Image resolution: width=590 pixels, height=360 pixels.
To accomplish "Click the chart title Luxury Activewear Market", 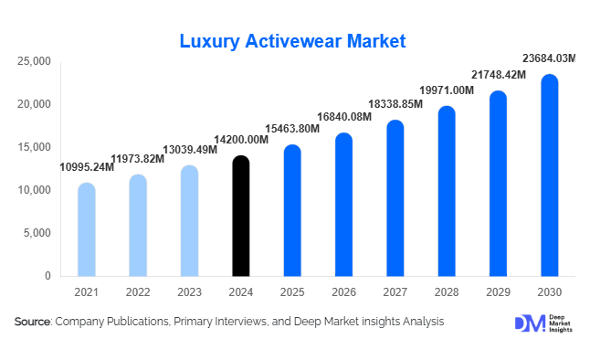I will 292,41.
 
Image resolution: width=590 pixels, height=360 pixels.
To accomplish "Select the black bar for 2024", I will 240,216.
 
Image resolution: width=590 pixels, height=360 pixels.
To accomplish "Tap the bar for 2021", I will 86,229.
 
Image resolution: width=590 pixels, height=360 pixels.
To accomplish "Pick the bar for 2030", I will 549,175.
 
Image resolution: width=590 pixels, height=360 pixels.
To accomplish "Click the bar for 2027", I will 395,198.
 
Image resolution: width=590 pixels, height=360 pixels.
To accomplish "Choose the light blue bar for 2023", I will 189,220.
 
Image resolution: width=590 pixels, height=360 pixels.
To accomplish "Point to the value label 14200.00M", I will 240,140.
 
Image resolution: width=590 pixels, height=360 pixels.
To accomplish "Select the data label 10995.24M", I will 87,167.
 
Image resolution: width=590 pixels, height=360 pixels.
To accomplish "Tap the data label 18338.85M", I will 395,105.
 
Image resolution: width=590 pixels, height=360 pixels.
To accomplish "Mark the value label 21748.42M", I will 497,74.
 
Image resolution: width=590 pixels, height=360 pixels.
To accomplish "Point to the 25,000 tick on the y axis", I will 34,61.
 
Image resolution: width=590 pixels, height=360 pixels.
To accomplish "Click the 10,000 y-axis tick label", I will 34,190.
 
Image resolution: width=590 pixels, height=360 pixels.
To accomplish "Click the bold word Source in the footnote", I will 32,322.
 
